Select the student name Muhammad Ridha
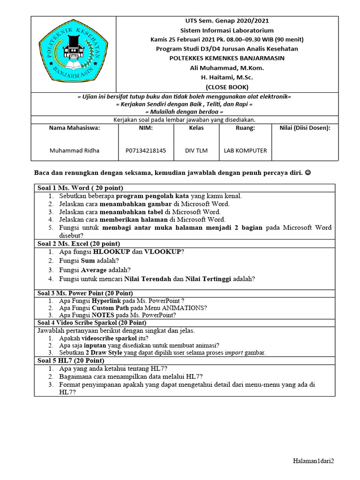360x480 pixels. point(75,150)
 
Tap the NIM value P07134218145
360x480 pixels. point(146,150)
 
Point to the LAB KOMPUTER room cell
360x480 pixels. point(245,150)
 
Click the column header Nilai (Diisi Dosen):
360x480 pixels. point(305,127)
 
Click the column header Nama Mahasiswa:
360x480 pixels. point(75,127)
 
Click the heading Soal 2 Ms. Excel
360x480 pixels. point(79,244)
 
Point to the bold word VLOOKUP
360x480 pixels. point(163,252)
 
